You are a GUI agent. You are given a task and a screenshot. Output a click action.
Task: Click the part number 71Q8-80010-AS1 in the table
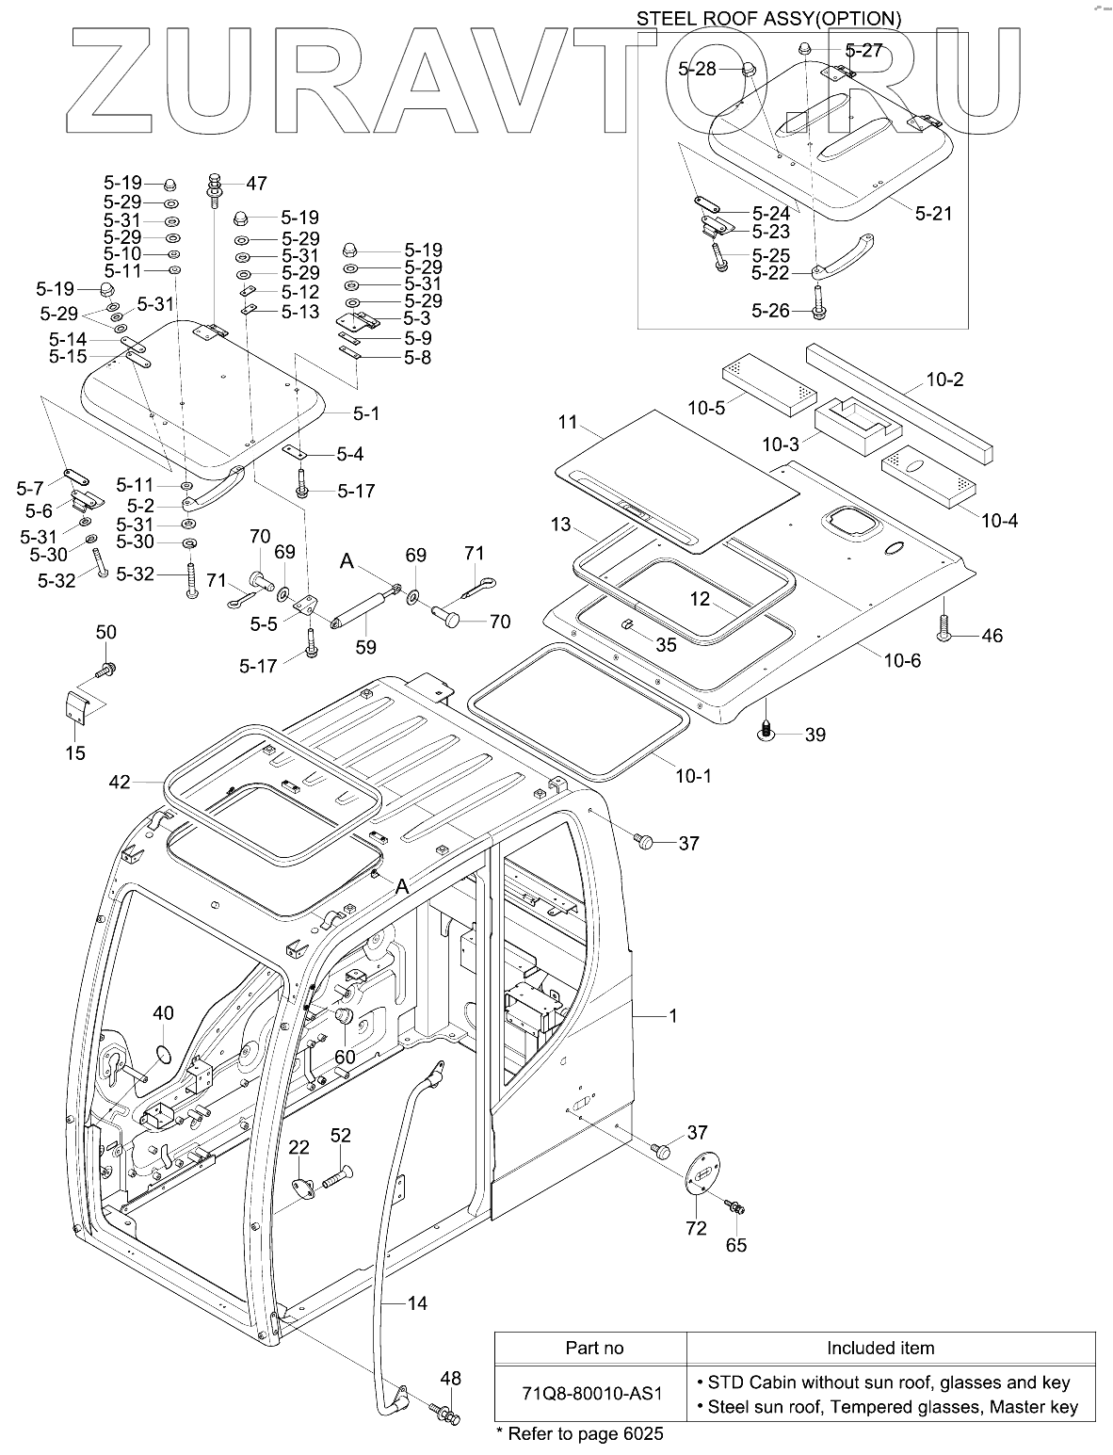[x=591, y=1394]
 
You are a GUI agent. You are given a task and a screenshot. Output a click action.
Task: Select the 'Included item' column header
[x=880, y=1348]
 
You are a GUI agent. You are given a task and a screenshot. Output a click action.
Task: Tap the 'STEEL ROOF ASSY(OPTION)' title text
[x=768, y=19]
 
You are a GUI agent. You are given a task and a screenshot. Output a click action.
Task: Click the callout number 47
[x=256, y=183]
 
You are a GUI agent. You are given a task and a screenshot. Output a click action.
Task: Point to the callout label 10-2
[x=944, y=380]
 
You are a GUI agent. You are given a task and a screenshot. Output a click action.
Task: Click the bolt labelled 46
[x=945, y=626]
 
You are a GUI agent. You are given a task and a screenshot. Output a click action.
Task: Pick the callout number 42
[x=120, y=783]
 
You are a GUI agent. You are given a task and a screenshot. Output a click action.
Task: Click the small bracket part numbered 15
[x=77, y=708]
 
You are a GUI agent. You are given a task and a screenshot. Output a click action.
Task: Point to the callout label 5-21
[x=933, y=213]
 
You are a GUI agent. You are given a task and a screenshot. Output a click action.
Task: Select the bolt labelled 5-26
[x=818, y=302]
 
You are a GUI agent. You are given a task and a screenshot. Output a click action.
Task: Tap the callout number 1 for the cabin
[x=673, y=1015]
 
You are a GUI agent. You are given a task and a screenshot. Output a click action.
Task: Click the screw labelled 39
[x=766, y=728]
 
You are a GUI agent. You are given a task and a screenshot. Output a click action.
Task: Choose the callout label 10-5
[x=706, y=408]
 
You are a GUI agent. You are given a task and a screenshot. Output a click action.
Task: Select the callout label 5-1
[x=365, y=413]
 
